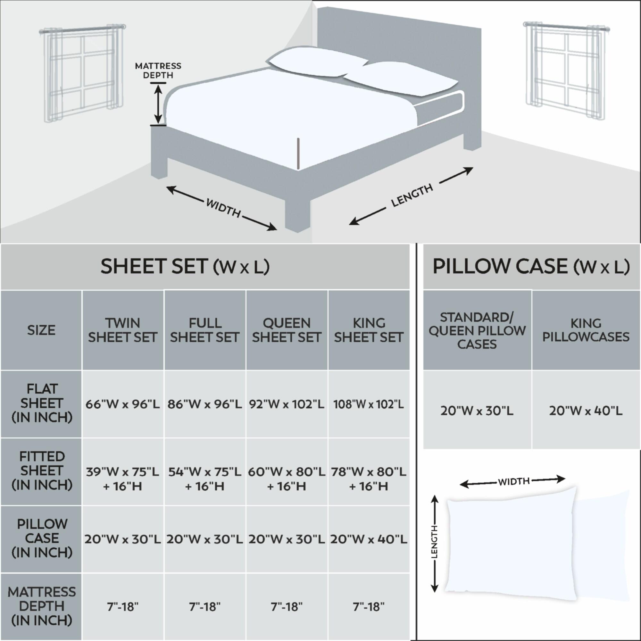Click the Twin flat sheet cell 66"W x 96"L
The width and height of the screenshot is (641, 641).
coord(122,404)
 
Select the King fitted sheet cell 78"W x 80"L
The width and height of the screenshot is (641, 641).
coord(369,479)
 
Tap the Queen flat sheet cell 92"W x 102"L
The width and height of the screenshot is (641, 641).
coord(287,404)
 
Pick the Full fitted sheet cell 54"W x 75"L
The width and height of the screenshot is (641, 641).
coord(205,479)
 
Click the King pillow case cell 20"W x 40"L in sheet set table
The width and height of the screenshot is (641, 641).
coord(369,539)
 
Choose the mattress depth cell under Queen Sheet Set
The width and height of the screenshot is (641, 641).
coord(287,607)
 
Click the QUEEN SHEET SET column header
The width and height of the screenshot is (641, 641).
coord(287,330)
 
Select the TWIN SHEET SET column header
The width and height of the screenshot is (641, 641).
coord(122,330)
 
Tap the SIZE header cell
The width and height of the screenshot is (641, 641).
coord(41,330)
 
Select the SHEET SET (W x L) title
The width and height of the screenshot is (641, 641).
coord(185,267)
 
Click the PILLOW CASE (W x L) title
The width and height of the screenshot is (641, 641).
coord(531,267)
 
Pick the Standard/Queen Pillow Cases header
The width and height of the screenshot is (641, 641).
coord(477,330)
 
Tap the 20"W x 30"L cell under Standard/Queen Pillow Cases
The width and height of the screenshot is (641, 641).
coord(477,411)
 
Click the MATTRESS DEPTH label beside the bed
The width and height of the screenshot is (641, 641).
coord(158,71)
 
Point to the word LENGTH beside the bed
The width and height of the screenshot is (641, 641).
coord(412,196)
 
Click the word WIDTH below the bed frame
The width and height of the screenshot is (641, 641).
coord(223,208)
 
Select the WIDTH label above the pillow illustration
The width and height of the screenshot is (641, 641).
coord(513,481)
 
